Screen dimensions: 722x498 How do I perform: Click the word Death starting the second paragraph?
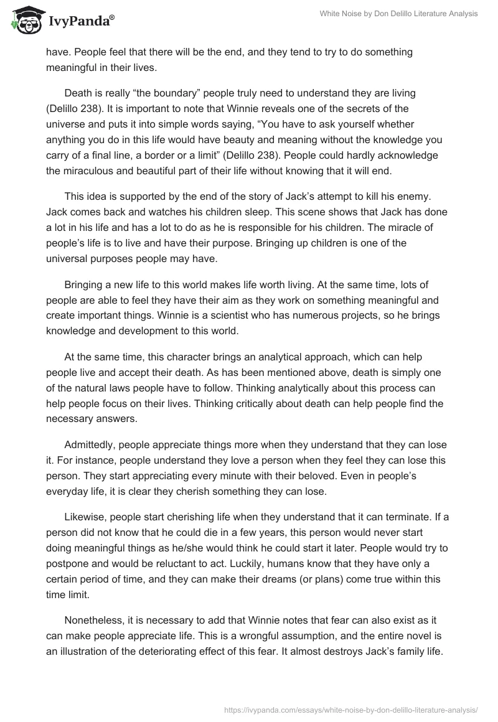[x=78, y=93]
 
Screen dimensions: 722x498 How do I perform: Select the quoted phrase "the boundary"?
[x=148, y=93]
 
